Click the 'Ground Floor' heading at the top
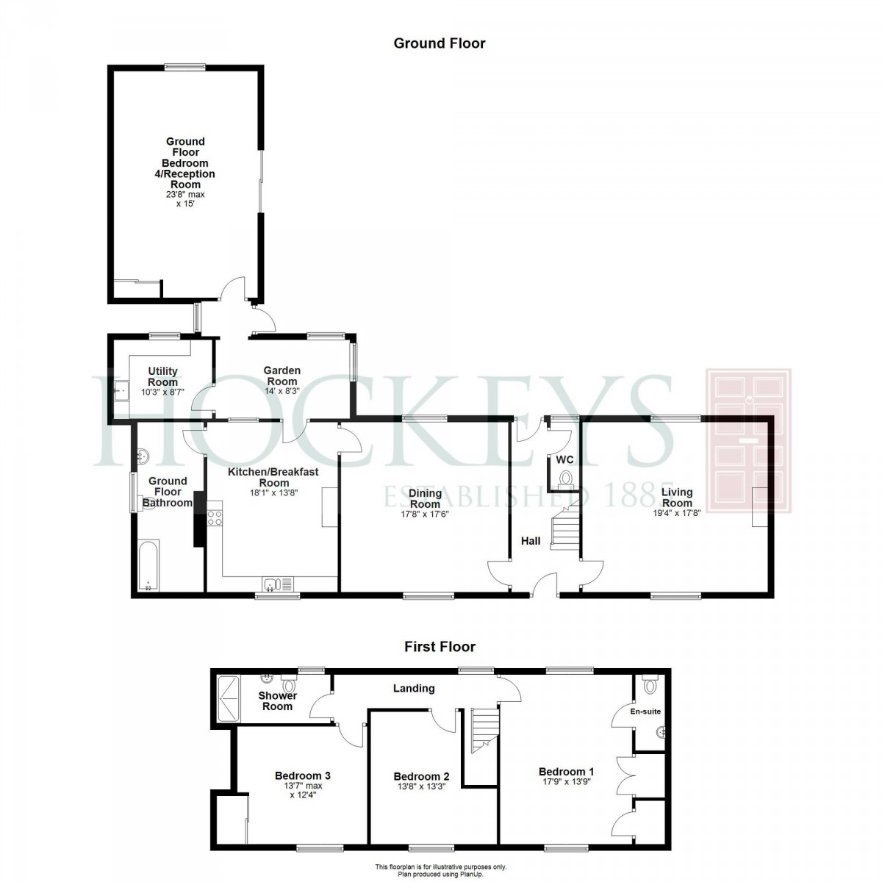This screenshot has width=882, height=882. point(439,43)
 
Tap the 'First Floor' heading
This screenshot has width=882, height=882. point(440,647)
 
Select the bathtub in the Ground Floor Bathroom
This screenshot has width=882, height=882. point(148,565)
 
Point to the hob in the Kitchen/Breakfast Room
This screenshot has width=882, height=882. point(215,517)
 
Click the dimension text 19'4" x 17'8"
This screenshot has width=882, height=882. point(676,513)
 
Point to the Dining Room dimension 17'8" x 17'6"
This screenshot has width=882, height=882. point(425,514)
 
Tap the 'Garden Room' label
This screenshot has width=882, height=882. point(282,376)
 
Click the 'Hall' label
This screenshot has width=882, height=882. point(531,541)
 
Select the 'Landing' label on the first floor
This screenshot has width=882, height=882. point(414,689)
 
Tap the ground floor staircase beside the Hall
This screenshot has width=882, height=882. point(565,525)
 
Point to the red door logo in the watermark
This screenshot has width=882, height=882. point(748,440)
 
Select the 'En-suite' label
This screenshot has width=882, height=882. point(645,711)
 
